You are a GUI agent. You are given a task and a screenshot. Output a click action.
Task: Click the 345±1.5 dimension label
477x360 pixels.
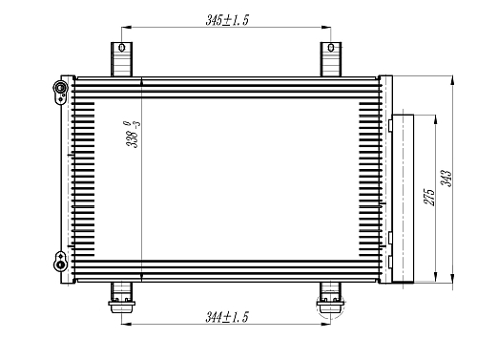click(x=227, y=20)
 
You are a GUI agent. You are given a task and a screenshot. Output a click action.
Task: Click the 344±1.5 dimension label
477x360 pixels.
click(x=227, y=317)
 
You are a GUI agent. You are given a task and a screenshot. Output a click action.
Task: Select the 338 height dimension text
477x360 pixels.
click(x=133, y=135)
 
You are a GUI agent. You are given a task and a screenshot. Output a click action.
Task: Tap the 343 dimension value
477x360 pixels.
click(x=446, y=179)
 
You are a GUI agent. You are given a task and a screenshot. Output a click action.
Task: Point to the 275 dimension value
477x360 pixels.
click(x=428, y=198)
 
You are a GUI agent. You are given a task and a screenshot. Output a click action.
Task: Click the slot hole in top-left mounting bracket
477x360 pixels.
click(x=122, y=48)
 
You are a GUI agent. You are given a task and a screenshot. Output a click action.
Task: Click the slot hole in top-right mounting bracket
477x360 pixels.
click(x=331, y=48)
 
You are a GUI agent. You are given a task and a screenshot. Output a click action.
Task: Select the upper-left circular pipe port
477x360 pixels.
click(x=60, y=87)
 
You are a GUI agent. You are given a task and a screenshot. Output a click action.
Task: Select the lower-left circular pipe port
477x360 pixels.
click(x=60, y=265)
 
